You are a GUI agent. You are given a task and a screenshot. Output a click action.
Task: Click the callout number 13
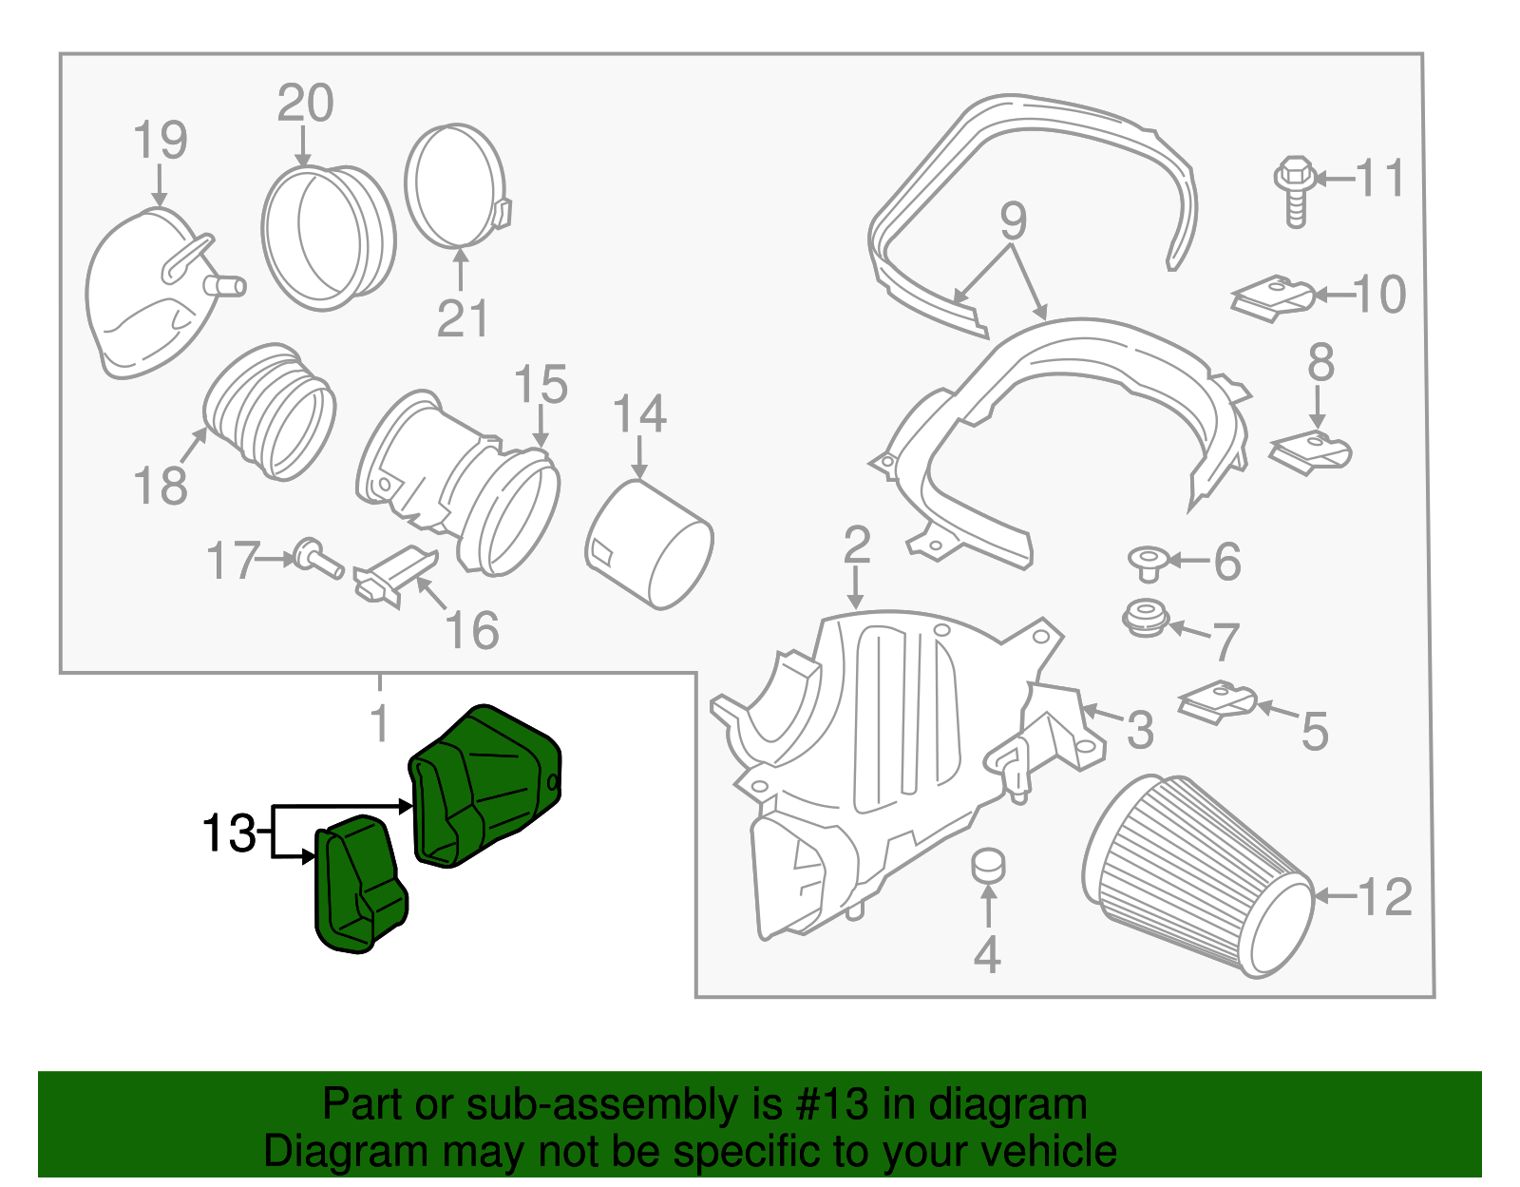coord(228,833)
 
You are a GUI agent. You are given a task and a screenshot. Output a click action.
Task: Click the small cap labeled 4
coord(988,865)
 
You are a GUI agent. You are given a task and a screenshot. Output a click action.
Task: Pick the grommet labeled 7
coord(1146,618)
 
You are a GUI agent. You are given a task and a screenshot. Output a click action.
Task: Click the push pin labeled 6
coord(1149,562)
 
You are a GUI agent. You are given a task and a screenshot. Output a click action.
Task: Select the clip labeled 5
coord(1216,701)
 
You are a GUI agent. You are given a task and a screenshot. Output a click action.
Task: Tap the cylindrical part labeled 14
coord(649,544)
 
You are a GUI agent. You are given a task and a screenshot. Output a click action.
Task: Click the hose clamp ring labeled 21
coord(456,184)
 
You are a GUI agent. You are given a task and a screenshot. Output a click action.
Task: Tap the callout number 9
coord(1013,220)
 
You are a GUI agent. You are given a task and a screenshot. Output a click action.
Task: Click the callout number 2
coord(856,546)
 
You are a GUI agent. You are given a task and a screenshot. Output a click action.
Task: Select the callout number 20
coord(305,103)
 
